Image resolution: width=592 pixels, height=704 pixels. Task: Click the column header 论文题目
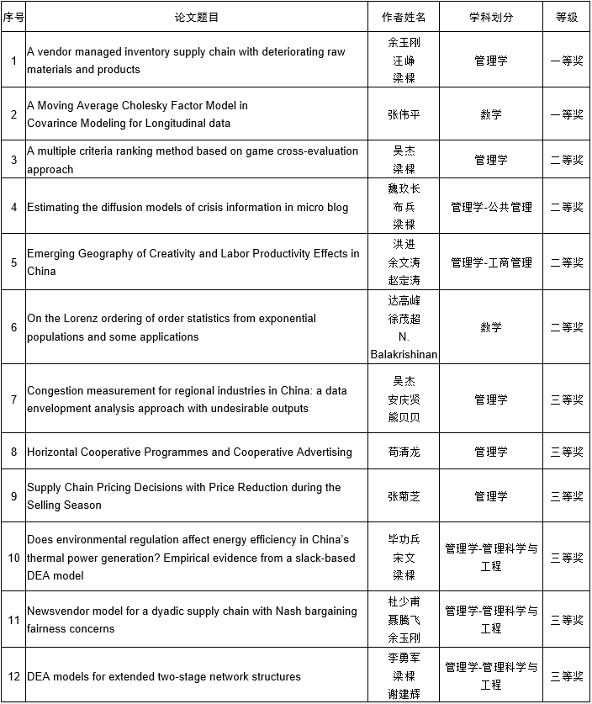point(196,17)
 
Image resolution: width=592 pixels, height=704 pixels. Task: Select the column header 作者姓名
point(404,17)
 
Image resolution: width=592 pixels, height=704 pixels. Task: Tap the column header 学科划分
point(490,17)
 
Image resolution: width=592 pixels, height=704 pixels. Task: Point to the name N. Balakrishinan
point(404,346)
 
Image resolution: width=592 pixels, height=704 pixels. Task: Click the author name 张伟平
point(404,114)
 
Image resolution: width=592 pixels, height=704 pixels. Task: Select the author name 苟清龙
point(404,453)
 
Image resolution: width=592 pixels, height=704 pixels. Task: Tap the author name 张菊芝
point(404,496)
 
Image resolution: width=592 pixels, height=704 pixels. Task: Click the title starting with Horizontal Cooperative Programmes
point(189,453)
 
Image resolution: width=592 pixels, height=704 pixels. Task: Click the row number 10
point(13,558)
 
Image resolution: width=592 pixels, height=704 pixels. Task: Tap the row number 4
point(13,207)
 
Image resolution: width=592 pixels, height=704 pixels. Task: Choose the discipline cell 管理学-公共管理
point(490,207)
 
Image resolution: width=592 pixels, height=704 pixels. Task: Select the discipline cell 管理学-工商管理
point(490,262)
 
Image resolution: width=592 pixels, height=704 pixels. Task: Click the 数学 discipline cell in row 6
point(490,327)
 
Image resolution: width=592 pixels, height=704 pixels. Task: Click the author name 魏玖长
point(404,188)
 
